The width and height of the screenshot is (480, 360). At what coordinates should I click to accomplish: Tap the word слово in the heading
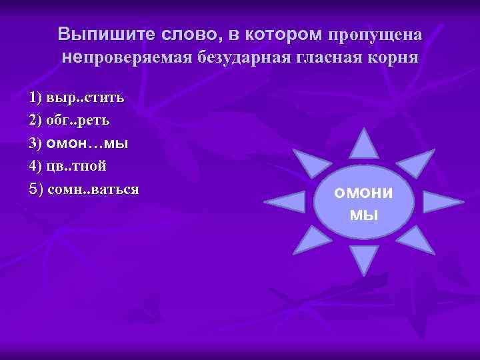(x=181, y=34)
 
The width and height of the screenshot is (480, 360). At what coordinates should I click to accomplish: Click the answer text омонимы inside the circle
(x=364, y=203)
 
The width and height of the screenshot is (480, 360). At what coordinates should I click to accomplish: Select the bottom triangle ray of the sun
(x=364, y=258)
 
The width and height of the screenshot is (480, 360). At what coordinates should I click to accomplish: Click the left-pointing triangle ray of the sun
(x=287, y=202)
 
